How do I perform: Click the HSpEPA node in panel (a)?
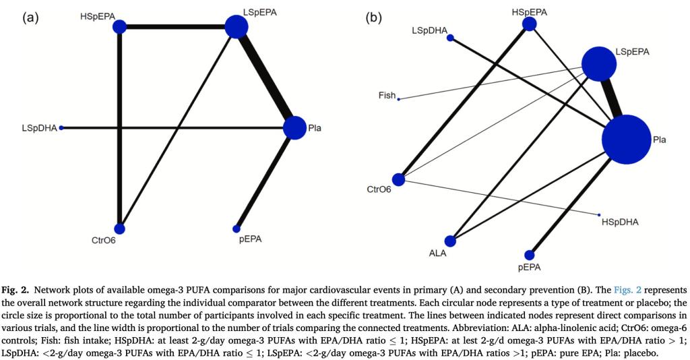(x=119, y=27)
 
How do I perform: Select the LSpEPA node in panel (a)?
(x=237, y=27)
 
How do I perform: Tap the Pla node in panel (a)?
(x=294, y=127)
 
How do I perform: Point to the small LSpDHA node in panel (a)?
(x=61, y=127)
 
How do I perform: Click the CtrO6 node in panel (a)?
(x=120, y=229)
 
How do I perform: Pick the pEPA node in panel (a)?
(x=237, y=229)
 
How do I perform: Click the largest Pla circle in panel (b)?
(x=626, y=140)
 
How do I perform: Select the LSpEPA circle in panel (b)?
(x=599, y=63)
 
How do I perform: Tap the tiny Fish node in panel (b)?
(x=399, y=99)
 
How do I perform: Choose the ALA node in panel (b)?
(x=451, y=241)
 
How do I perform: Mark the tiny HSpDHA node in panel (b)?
(x=599, y=215)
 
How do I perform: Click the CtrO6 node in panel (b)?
(x=399, y=179)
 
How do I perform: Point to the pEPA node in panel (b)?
(x=530, y=255)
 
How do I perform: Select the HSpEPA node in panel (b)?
(x=530, y=24)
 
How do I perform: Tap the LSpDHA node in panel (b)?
(x=451, y=38)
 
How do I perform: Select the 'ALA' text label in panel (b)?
(x=438, y=254)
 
